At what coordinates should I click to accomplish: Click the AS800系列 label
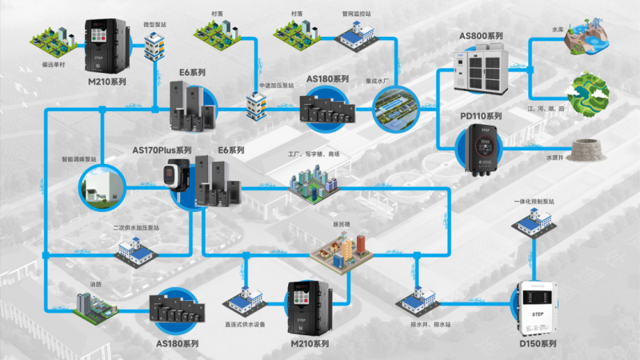click(x=481, y=37)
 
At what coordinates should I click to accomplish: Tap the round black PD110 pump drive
click(x=481, y=149)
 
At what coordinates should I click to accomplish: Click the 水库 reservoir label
click(x=558, y=30)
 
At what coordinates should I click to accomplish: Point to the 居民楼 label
click(x=343, y=225)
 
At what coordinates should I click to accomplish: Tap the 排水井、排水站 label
click(x=418, y=323)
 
